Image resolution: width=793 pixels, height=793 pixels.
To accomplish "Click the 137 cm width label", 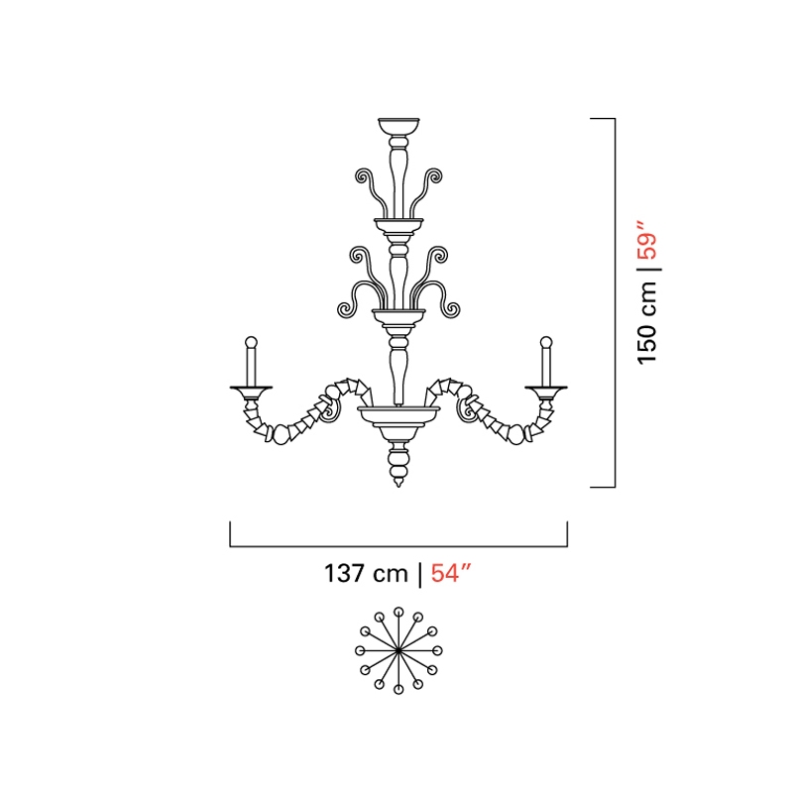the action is click(366, 574).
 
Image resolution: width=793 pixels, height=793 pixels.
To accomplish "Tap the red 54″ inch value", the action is click(451, 574).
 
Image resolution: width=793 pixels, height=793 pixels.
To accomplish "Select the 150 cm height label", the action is click(647, 323).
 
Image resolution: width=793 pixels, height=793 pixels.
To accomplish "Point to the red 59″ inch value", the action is click(647, 240).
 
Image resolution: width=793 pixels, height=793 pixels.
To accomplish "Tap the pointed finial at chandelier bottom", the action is click(398, 483).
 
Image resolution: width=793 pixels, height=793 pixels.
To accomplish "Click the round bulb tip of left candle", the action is click(251, 342).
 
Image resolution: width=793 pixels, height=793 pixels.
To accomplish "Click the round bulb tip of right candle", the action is click(546, 342).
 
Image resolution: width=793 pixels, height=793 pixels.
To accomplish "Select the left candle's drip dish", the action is click(251, 390).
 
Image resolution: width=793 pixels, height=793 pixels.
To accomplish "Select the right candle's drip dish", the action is click(546, 390).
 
